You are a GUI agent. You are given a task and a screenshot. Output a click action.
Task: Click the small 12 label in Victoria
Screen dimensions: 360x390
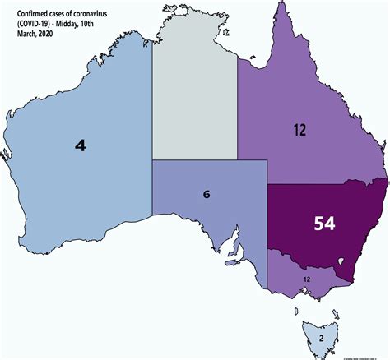point(307,279)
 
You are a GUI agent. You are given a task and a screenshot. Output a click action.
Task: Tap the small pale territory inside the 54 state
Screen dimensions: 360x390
point(339,262)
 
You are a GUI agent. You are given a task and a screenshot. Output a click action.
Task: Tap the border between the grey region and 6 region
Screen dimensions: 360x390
point(195,160)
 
